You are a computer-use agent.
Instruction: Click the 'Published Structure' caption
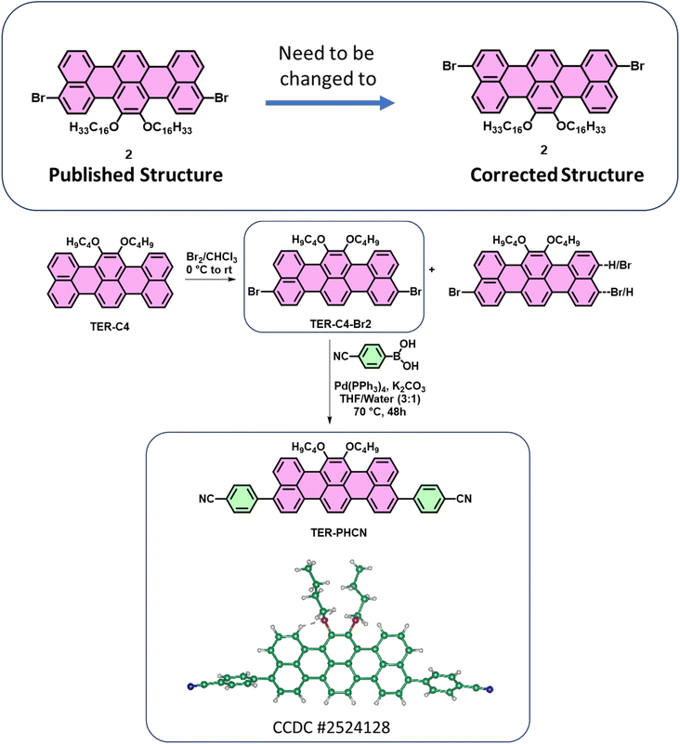[x=125, y=175]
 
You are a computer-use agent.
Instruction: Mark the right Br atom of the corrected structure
[x=636, y=66]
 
